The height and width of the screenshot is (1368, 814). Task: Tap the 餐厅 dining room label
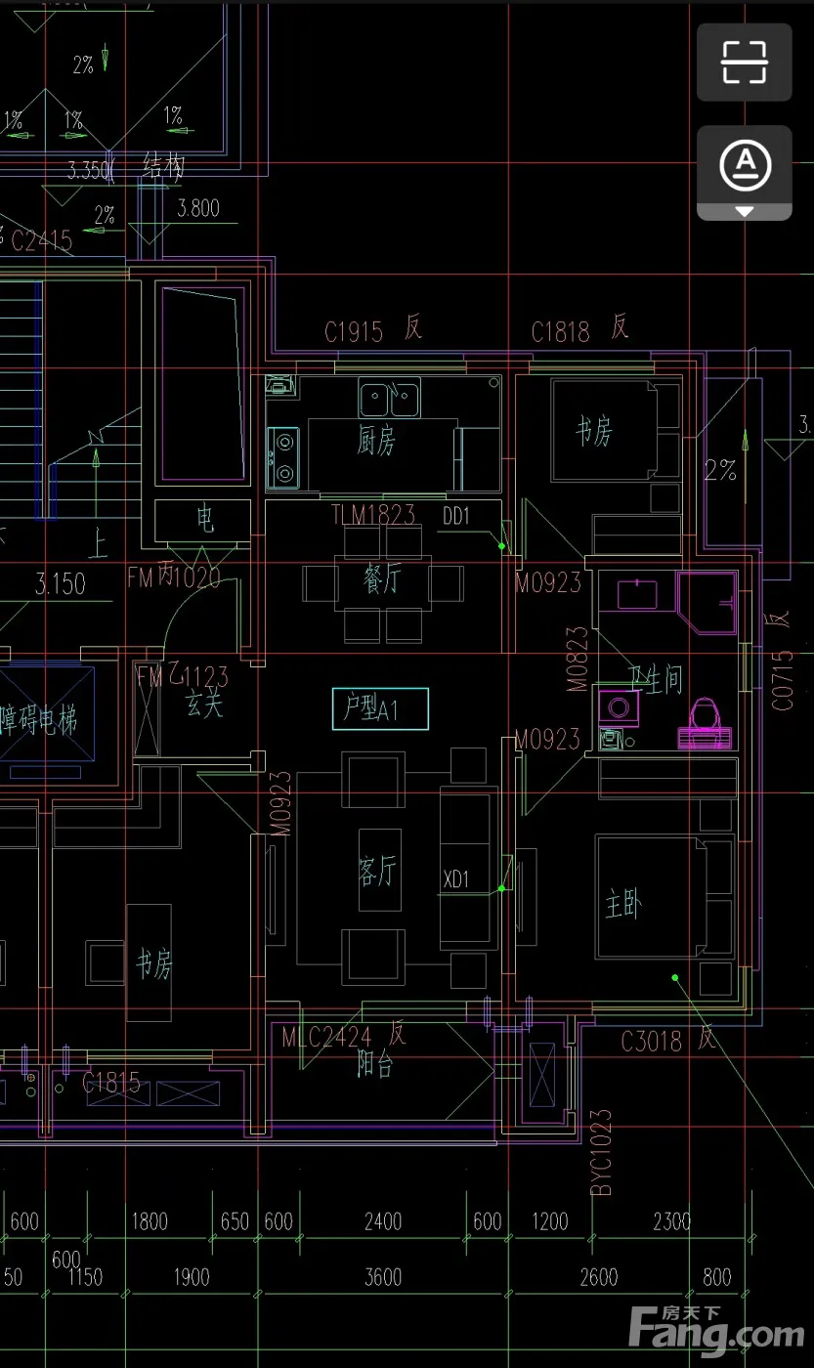tap(383, 579)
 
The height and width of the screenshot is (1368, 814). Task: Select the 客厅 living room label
tap(378, 870)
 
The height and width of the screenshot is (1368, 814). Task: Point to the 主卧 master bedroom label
tap(623, 906)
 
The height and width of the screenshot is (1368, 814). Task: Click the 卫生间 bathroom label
tap(655, 679)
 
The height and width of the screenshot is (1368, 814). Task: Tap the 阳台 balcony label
tap(375, 1066)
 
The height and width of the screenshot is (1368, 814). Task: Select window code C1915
tap(354, 332)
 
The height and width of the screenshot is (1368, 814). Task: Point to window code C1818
tap(561, 332)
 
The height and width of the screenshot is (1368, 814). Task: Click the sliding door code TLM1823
tap(373, 515)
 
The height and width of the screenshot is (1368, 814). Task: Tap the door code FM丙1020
tap(174, 577)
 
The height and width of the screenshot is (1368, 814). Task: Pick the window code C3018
tap(652, 1042)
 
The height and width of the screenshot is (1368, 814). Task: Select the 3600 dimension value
tap(383, 1278)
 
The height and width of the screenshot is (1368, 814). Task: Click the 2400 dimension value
tap(383, 1221)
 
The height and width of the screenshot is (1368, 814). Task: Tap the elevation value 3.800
tap(198, 208)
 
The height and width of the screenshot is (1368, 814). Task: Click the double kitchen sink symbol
tap(389, 399)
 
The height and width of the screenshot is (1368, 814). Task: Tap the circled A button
tap(745, 166)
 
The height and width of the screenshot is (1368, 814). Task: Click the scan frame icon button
tap(745, 62)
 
